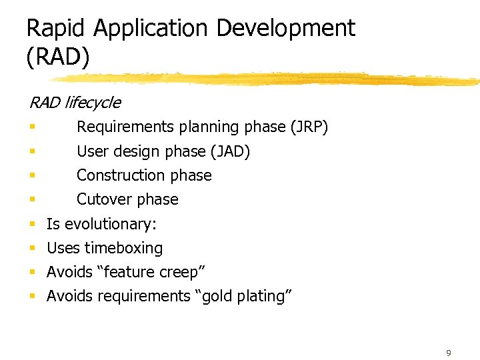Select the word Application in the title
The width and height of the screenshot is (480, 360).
tap(153, 29)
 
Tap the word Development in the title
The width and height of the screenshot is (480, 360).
tap(286, 29)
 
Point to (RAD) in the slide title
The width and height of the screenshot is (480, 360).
tap(57, 57)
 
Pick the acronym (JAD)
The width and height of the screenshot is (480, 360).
tap(230, 152)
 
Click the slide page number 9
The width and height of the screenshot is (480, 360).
tap(449, 353)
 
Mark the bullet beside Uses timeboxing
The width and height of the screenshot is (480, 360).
tap(32, 248)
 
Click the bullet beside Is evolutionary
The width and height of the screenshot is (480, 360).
tap(32, 224)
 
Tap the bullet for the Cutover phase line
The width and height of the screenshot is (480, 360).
tap(32, 199)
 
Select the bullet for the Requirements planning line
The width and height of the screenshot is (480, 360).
tap(32, 127)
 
